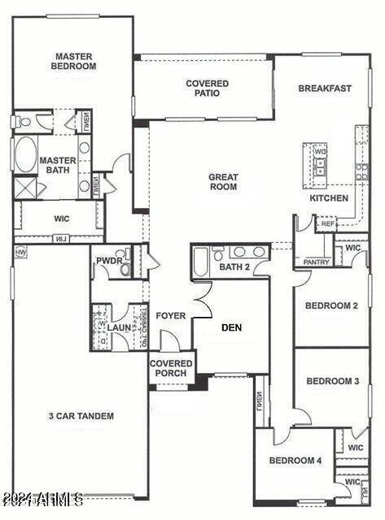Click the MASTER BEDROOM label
tap(74, 61)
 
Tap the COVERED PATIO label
tap(207, 89)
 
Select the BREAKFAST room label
tap(324, 89)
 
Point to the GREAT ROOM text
tap(222, 182)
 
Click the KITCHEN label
tap(329, 198)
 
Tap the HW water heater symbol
tap(20, 253)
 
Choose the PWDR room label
tap(107, 261)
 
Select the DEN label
tap(232, 327)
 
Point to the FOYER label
tap(170, 316)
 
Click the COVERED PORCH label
tap(171, 368)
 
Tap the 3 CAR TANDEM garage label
tap(80, 416)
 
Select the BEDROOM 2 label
tap(331, 306)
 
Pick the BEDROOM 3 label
tap(332, 381)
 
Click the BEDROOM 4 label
tap(295, 461)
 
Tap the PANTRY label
tap(316, 262)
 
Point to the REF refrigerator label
tap(328, 223)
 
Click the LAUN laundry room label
tap(120, 328)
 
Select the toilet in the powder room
tap(125, 269)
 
